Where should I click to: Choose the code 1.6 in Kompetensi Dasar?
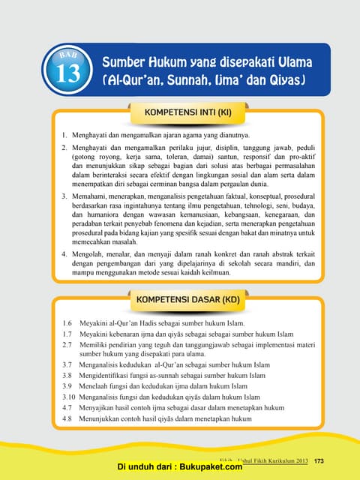67,322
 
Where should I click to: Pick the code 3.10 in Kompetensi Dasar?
69,396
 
